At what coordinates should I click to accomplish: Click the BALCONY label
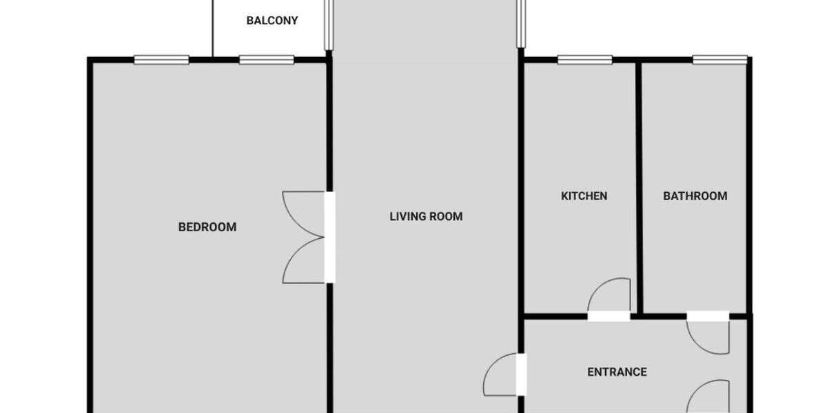272,21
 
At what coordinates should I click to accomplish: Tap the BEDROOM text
207,226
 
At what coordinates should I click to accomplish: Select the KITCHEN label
584,196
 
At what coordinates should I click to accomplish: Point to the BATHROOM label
695,196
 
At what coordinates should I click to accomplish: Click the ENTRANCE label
617,372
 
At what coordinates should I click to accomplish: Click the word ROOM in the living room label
447,217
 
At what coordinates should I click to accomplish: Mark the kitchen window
584,60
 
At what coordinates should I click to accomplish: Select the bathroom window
719,60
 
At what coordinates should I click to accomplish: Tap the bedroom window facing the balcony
267,60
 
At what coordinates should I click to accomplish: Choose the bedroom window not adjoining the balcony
161,60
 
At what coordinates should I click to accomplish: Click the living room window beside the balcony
329,24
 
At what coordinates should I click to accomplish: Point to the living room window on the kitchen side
521,24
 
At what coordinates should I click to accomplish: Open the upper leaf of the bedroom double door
303,214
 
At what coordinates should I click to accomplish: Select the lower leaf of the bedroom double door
303,261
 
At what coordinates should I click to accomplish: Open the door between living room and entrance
501,376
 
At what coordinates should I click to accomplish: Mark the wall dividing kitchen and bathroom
639,186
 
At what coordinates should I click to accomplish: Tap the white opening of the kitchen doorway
609,317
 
